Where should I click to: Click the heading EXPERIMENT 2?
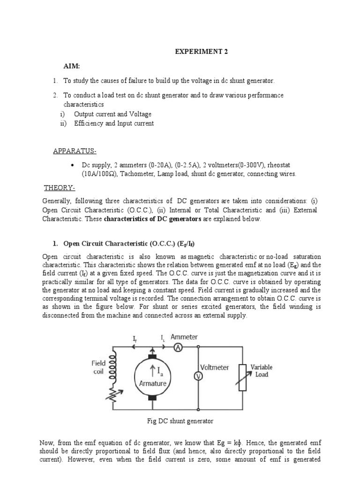coord(201,52)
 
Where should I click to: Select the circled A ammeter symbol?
coord(178,347)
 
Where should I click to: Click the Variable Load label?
coord(262,371)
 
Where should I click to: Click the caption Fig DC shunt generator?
coord(180,421)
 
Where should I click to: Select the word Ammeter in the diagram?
coord(184,337)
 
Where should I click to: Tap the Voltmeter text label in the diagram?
coord(215,367)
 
